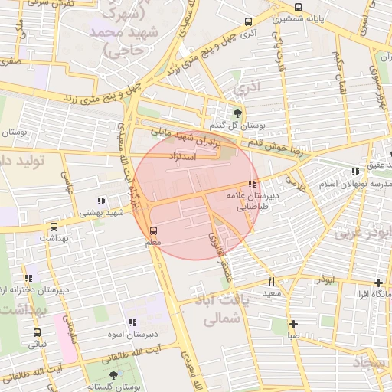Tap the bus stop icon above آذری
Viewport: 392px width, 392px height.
tap(247, 22)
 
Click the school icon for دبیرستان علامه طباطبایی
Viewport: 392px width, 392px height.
tap(252, 184)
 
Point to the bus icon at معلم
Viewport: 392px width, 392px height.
tap(154, 230)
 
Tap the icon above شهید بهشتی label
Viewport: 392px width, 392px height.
tap(101, 201)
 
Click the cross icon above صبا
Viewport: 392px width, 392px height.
tap(293, 323)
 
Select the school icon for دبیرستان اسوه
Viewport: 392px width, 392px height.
tap(132, 322)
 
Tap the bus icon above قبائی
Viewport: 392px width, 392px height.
tap(37, 332)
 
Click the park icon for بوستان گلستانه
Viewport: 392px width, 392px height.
tap(114, 375)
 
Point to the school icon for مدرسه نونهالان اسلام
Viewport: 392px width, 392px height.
tap(354, 172)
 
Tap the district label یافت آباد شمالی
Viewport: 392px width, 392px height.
tap(217, 310)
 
